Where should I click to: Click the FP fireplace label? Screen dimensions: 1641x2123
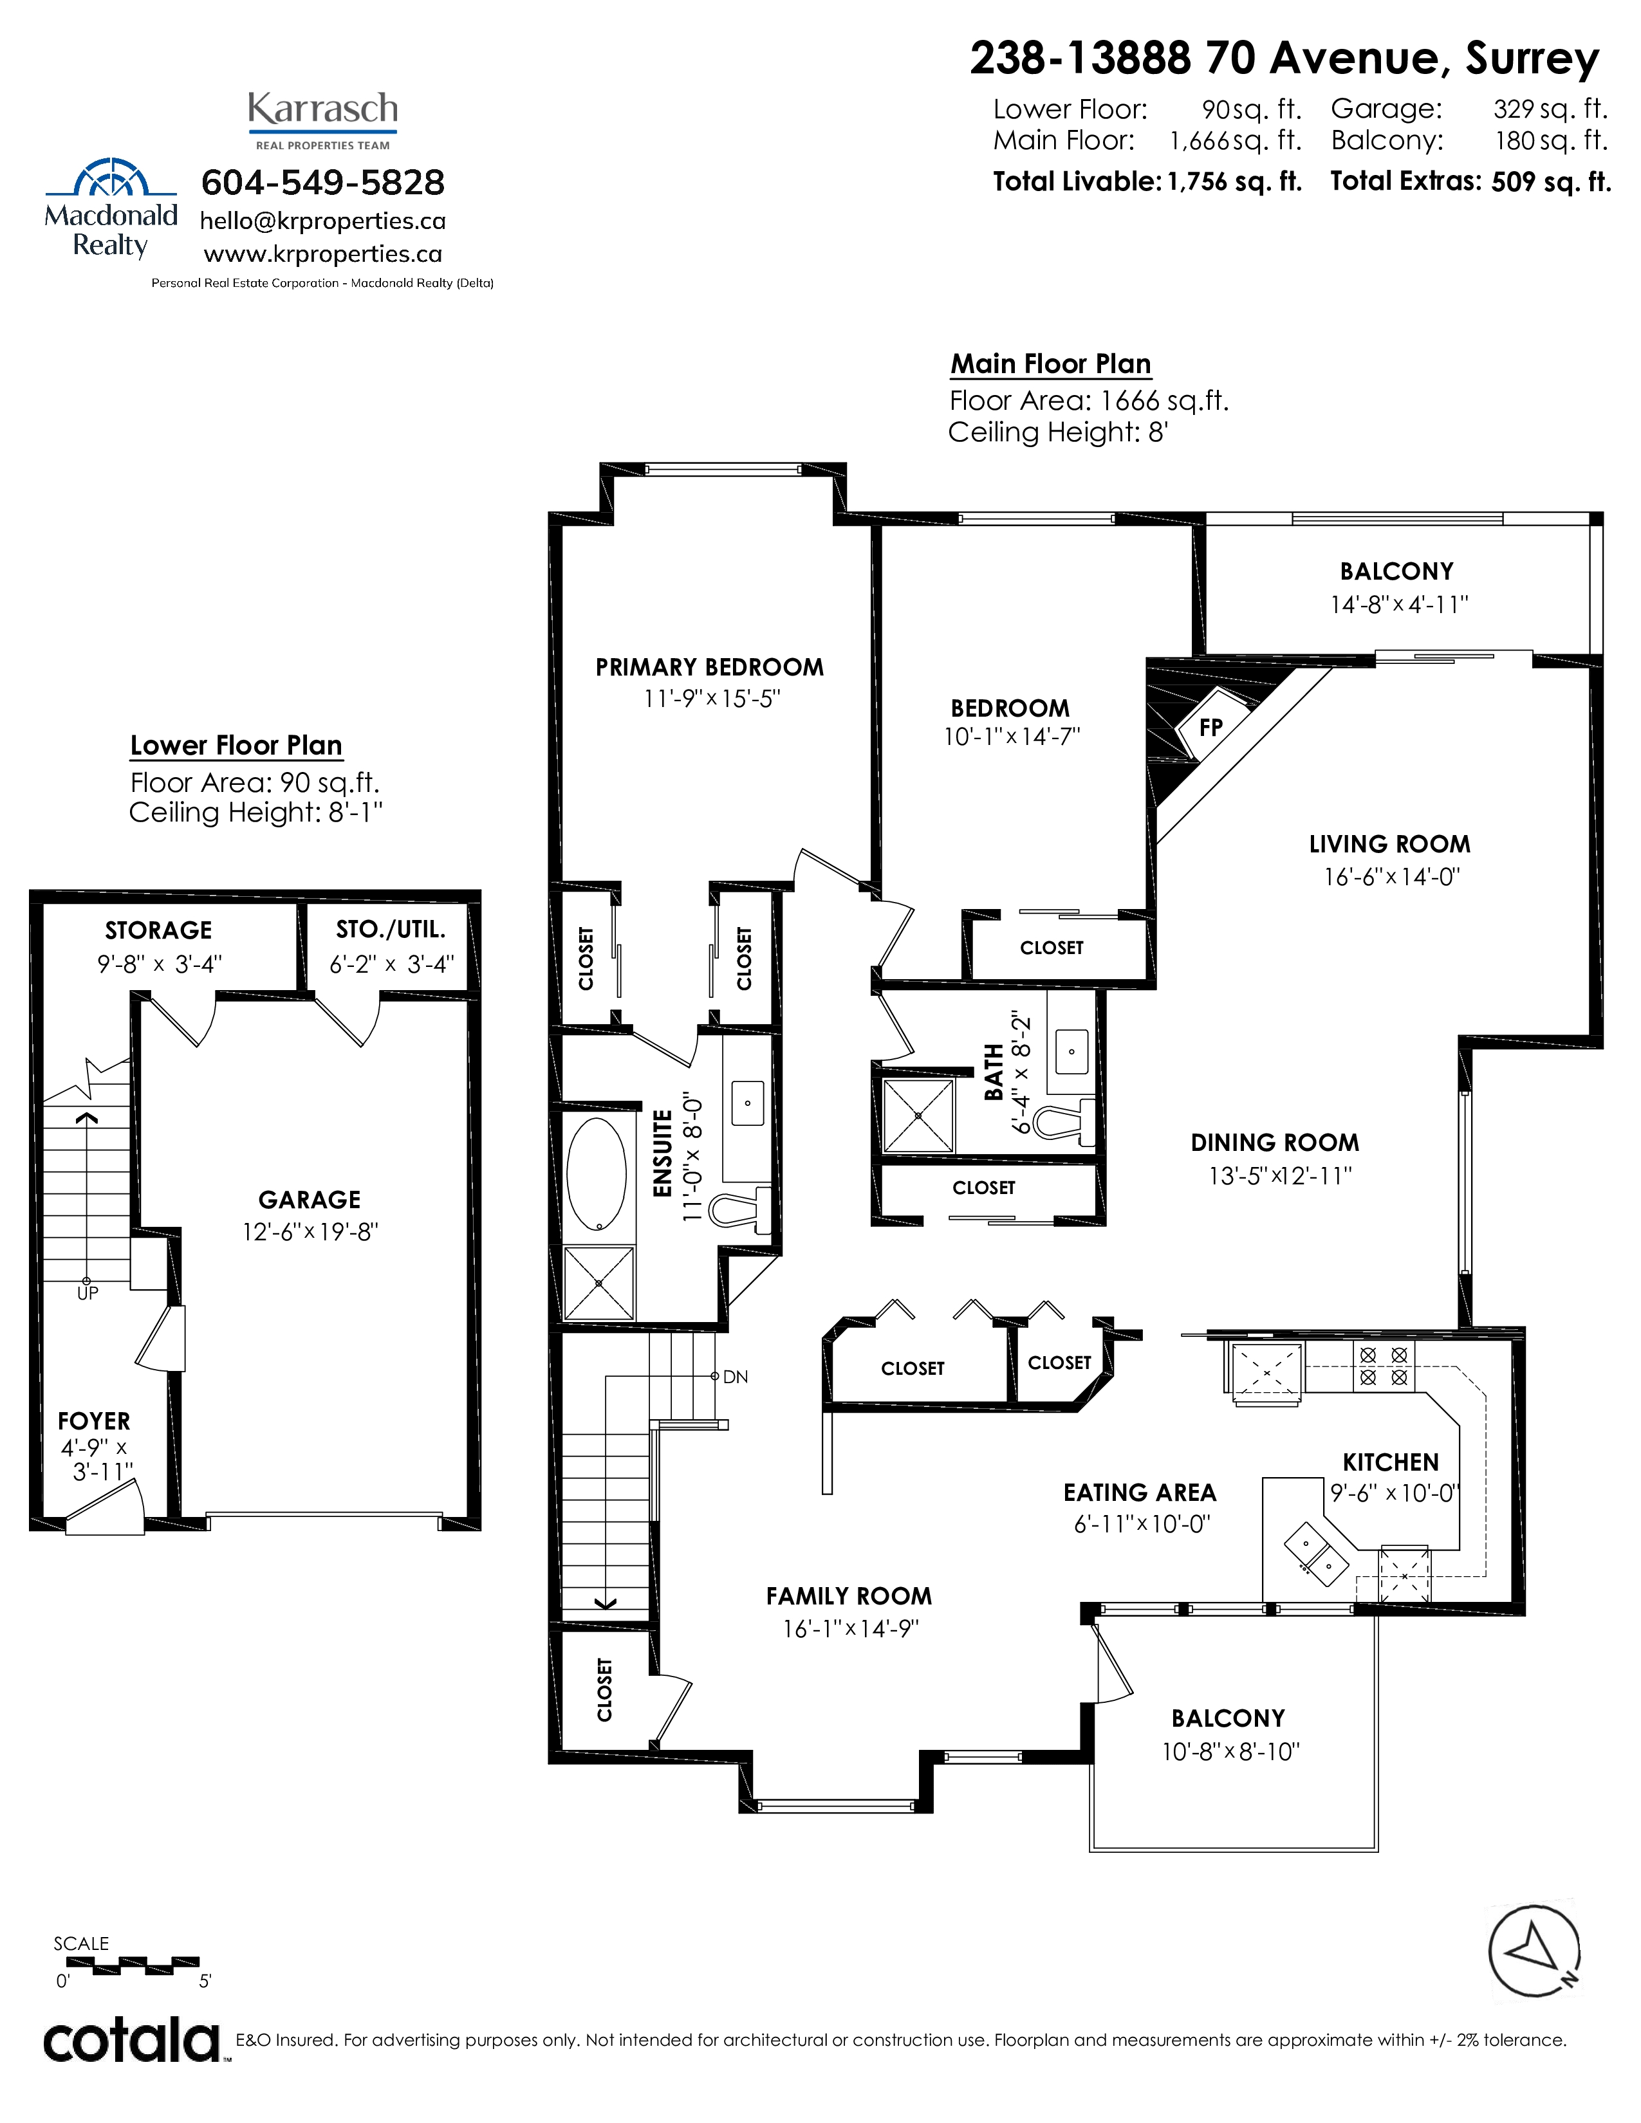point(1210,727)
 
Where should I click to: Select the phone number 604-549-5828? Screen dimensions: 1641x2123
point(323,182)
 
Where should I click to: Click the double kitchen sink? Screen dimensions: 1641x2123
point(1316,1554)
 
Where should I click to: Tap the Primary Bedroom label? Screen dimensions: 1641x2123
point(710,667)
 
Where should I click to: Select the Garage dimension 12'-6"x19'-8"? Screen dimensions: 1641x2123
point(310,1231)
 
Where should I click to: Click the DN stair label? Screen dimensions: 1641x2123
point(736,1377)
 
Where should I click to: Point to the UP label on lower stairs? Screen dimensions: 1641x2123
point(88,1294)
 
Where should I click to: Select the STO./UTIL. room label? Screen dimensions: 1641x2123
point(391,930)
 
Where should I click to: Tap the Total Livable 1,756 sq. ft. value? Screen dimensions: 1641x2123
point(1235,182)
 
